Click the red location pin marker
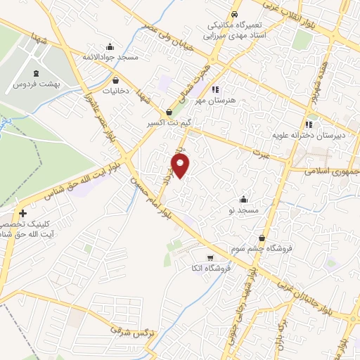[x=181, y=166]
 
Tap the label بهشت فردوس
[x=37, y=84]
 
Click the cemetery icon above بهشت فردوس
[x=37, y=72]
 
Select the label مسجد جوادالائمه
[x=109, y=56]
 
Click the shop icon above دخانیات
[x=115, y=80]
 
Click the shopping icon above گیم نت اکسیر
[x=169, y=112]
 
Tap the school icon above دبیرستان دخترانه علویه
[x=286, y=124]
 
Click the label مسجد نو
[x=247, y=210]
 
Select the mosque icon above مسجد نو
[x=244, y=199]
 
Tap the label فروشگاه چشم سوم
[x=262, y=249]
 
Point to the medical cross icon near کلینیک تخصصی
[x=22, y=213]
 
